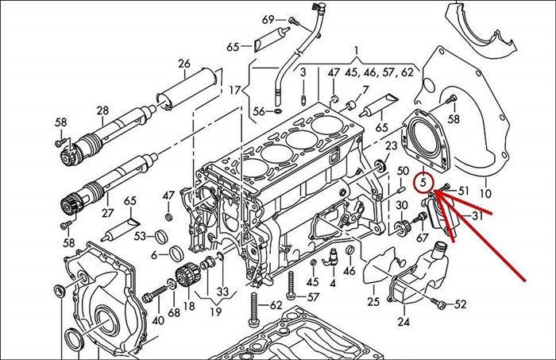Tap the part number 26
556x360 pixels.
184,64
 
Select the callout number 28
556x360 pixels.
102,110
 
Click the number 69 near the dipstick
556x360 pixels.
268,19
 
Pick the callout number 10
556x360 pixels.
486,193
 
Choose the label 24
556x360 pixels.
403,322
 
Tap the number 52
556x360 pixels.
461,304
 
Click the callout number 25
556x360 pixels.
373,302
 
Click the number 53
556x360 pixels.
140,236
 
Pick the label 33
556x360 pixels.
222,291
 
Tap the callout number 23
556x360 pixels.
391,146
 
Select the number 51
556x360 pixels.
465,191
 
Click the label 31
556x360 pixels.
477,216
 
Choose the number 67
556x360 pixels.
422,238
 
